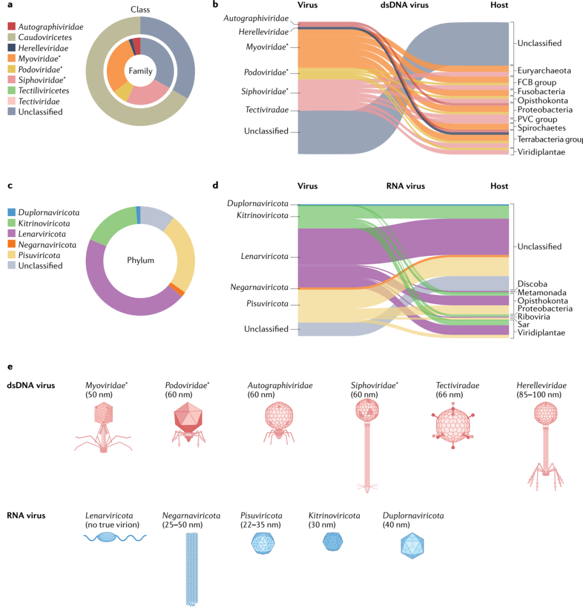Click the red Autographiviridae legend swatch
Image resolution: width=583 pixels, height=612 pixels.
pyautogui.click(x=11, y=26)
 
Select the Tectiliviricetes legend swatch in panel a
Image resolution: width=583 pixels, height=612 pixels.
pyautogui.click(x=11, y=91)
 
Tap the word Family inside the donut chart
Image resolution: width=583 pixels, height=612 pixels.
pyautogui.click(x=140, y=71)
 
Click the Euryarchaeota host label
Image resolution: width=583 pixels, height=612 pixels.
pyautogui.click(x=544, y=71)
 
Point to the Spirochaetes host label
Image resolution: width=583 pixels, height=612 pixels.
pyautogui.click(x=541, y=128)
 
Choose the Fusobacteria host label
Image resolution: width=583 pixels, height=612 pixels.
pyautogui.click(x=541, y=91)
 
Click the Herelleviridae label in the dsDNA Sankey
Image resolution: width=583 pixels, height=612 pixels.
pyautogui.click(x=263, y=32)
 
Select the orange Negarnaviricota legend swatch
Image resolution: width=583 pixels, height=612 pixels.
pyautogui.click(x=11, y=245)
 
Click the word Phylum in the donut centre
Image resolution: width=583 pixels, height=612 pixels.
pyautogui.click(x=140, y=260)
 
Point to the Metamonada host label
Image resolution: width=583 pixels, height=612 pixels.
pyautogui.click(x=541, y=292)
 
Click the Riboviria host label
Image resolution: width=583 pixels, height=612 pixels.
pyautogui.click(x=533, y=317)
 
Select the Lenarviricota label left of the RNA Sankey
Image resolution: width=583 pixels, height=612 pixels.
pyautogui.click(x=265, y=256)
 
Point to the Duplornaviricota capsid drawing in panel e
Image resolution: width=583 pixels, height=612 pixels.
pyautogui.click(x=413, y=546)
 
